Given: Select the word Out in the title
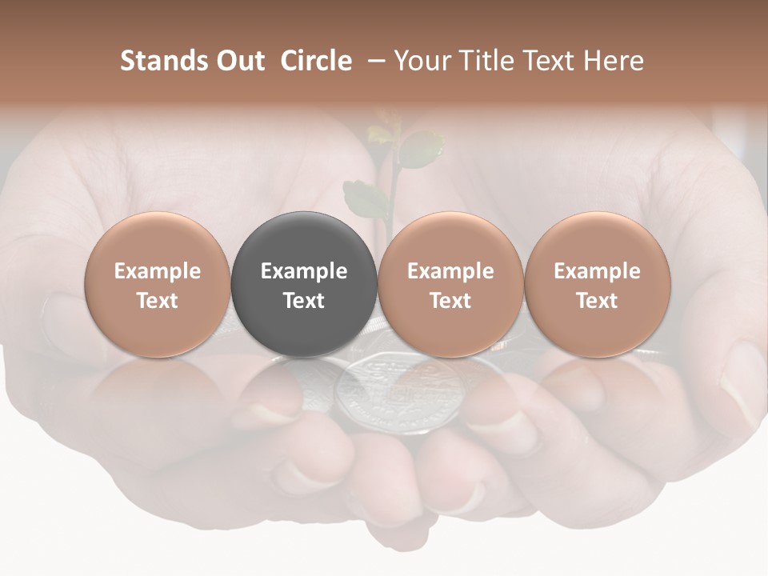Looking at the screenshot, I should click(x=238, y=61).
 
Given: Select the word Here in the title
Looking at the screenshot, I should click(x=614, y=61).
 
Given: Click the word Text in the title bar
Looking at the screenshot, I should click(x=553, y=61).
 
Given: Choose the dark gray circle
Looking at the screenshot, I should click(x=304, y=284).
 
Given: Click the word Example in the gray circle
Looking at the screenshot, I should click(x=304, y=271).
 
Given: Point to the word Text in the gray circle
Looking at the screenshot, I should click(x=304, y=300).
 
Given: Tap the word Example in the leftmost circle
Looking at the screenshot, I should click(x=158, y=271).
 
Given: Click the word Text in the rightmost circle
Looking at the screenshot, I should click(x=597, y=300).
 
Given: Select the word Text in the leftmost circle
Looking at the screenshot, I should click(x=158, y=300).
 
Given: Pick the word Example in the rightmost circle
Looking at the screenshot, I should click(x=597, y=271).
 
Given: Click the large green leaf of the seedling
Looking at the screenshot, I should click(x=420, y=149).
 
